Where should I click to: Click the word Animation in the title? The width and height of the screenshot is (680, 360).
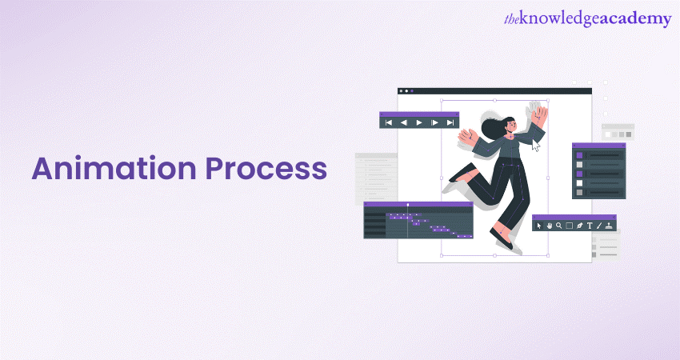[x=114, y=168]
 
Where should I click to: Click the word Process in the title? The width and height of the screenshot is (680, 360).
[x=266, y=168]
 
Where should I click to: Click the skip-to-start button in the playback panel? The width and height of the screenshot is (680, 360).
[x=389, y=122]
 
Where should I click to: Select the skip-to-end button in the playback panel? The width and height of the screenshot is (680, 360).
[x=450, y=122]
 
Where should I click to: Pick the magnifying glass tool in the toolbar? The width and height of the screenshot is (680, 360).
[x=559, y=226]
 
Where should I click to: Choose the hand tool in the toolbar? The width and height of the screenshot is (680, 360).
[x=550, y=226]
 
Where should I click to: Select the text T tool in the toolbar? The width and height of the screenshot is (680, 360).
[x=590, y=226]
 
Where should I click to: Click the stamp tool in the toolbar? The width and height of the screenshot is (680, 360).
[x=610, y=226]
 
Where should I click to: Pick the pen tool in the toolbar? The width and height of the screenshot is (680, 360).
[x=579, y=226]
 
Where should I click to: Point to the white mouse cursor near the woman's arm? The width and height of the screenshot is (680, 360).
[x=536, y=146]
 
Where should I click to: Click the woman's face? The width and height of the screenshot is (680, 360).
[x=511, y=126]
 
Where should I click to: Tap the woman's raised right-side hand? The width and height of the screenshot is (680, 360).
[x=539, y=115]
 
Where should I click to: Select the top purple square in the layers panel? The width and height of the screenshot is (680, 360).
[x=579, y=155]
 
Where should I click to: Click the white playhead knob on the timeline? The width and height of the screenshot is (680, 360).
[x=408, y=204]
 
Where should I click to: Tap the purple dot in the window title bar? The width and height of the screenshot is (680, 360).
[x=412, y=91]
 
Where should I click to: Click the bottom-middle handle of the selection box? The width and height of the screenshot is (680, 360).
[x=495, y=255]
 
